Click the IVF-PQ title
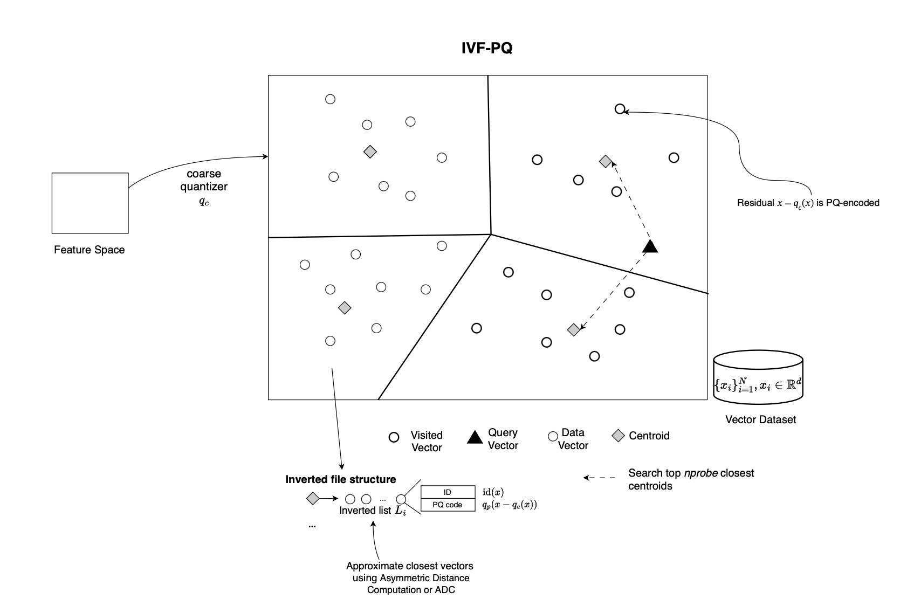[x=487, y=48]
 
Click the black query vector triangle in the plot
[x=650, y=246]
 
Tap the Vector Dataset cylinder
[x=758, y=377]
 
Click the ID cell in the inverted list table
[x=448, y=492]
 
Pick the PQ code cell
[x=448, y=505]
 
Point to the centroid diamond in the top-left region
[x=370, y=152]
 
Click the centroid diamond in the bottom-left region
[x=345, y=308]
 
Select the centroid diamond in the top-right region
[x=606, y=162]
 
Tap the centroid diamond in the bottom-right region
[x=574, y=329]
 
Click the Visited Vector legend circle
[x=394, y=437]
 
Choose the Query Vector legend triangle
[x=475, y=437]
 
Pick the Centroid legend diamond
[x=619, y=436]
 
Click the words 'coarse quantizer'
[x=204, y=180]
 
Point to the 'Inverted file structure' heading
[x=341, y=479]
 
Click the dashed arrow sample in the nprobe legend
[x=599, y=478]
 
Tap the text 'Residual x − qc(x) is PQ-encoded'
[x=808, y=203]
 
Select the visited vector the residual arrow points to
[x=620, y=109]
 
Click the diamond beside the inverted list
[x=313, y=498]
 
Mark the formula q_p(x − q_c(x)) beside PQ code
[x=510, y=505]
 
